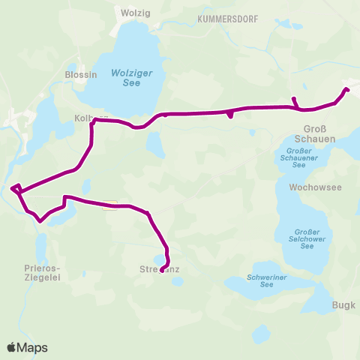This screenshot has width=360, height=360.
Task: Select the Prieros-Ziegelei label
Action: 43,271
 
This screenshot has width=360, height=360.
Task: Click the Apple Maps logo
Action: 27,347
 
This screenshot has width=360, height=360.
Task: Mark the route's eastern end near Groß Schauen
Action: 346,90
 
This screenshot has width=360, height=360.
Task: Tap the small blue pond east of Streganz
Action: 177,282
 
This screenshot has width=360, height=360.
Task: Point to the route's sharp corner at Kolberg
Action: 92,121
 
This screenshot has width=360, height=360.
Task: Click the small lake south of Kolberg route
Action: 155,144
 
